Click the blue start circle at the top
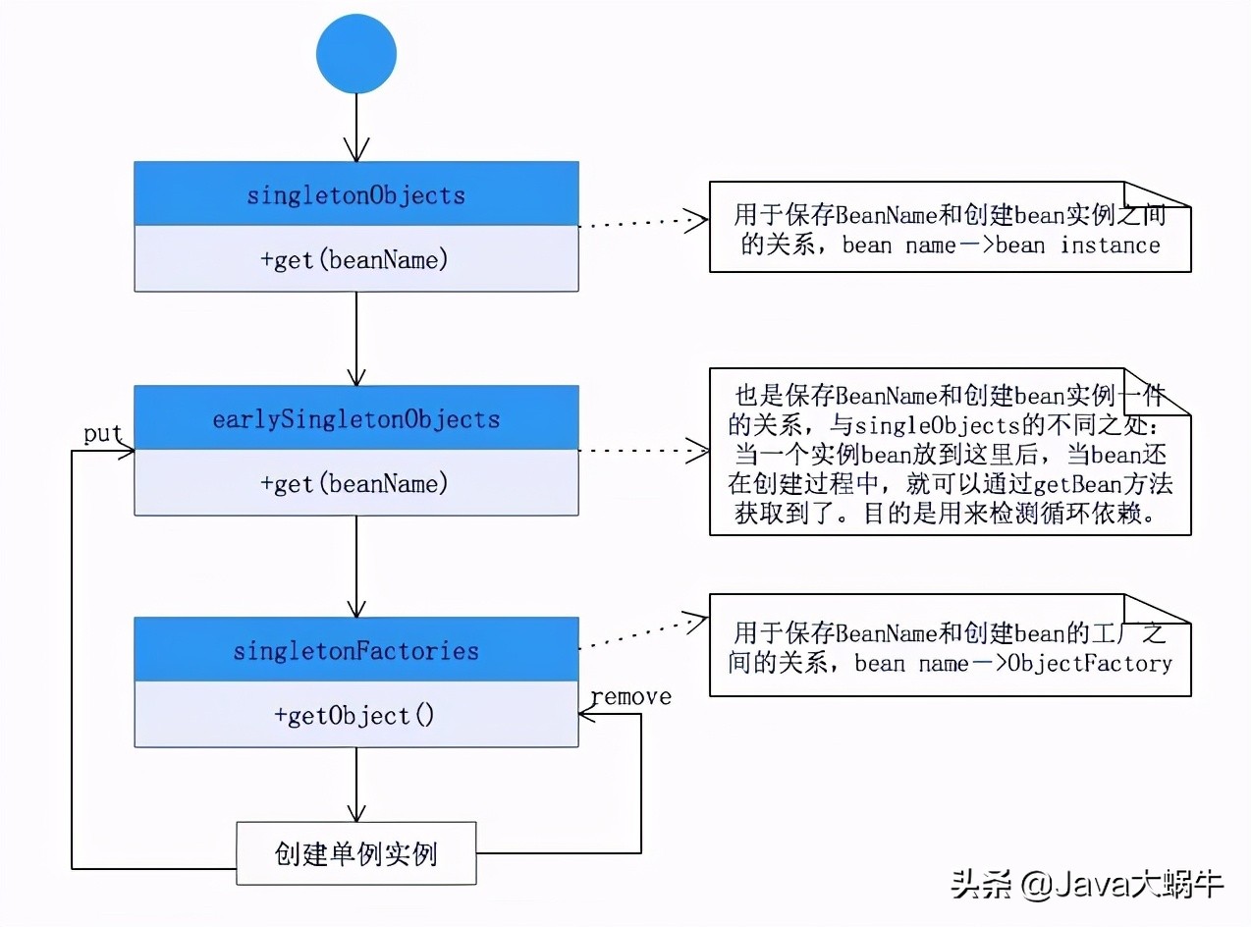(356, 54)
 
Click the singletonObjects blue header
(355, 194)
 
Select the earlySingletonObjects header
(355, 419)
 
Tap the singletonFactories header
(355, 650)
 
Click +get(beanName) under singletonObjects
(355, 259)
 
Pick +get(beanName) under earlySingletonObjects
(355, 483)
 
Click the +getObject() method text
(355, 715)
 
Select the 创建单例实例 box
(355, 852)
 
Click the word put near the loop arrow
(102, 434)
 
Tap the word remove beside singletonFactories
(630, 696)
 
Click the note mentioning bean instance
(949, 229)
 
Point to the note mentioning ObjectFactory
(949, 646)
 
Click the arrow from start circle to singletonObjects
(356, 128)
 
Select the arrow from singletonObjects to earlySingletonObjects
(356, 339)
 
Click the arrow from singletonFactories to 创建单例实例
(356, 785)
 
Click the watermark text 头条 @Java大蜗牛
(1086, 884)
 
